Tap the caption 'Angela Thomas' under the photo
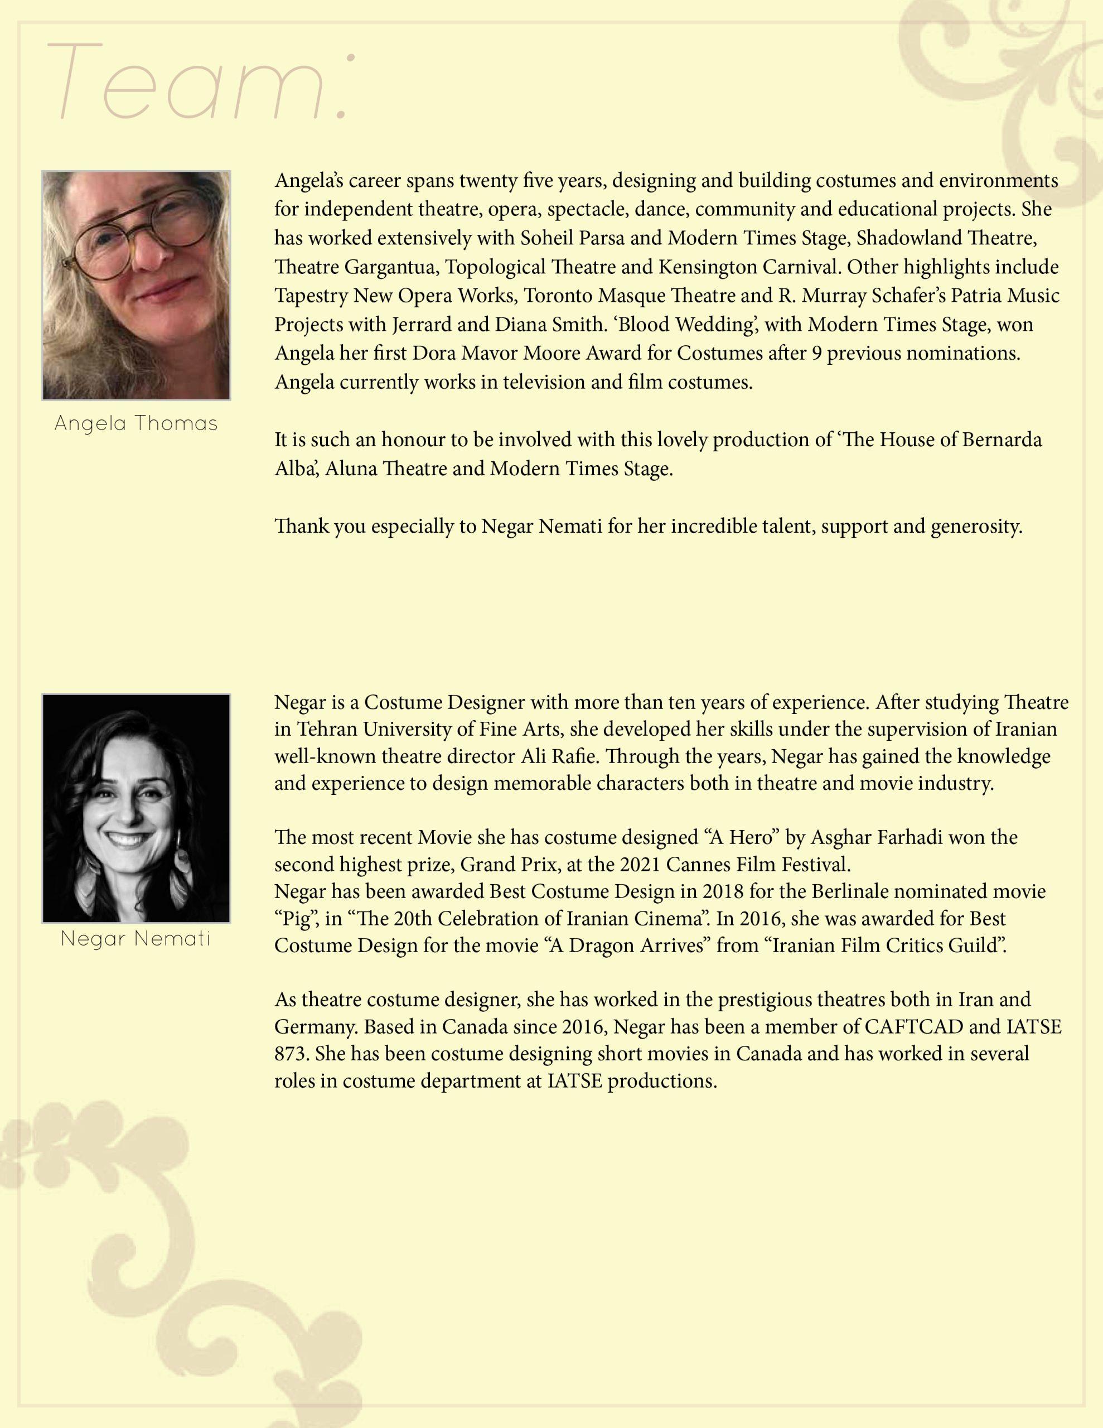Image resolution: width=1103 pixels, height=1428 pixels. pyautogui.click(x=136, y=424)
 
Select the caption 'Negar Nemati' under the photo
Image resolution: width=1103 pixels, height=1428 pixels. pyautogui.click(x=136, y=939)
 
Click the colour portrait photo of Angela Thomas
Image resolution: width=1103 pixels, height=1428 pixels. pyautogui.click(x=136, y=285)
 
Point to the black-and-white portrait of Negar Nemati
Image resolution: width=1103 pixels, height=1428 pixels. pyautogui.click(x=136, y=808)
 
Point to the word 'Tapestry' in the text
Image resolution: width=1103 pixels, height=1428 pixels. pyautogui.click(x=311, y=296)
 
